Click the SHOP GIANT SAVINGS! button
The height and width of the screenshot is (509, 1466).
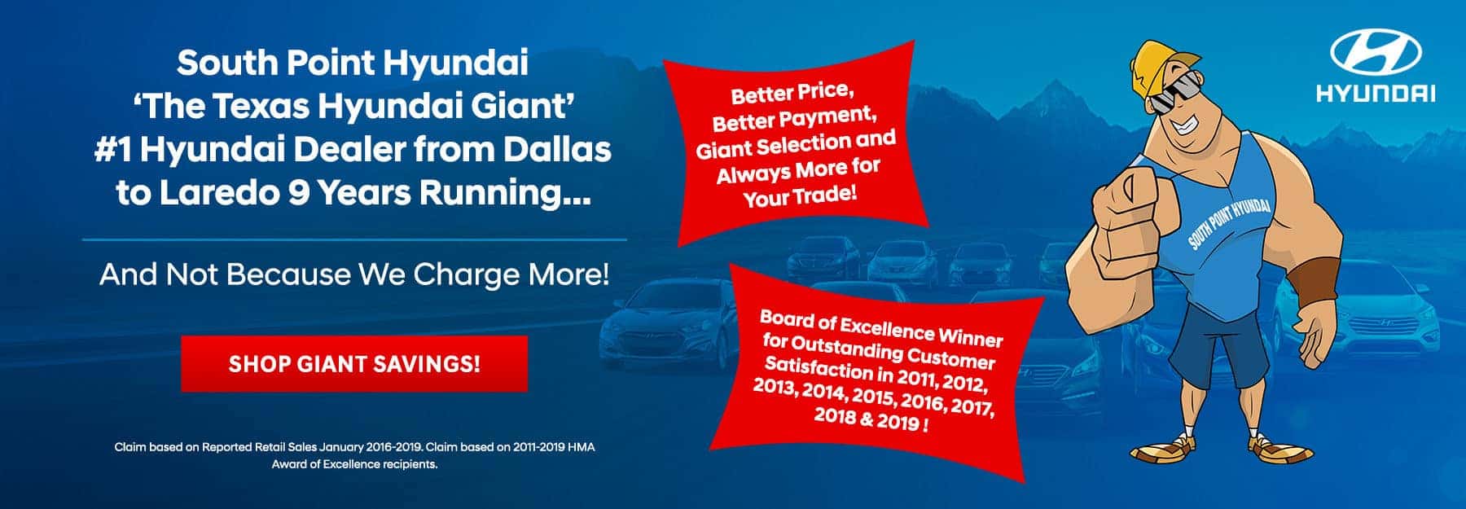point(354,363)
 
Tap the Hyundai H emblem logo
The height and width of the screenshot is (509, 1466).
point(1376,52)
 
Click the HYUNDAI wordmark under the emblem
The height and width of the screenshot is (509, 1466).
point(1376,95)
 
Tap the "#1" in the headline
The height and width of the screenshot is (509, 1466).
point(116,151)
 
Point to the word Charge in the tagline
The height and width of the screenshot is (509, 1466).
point(472,275)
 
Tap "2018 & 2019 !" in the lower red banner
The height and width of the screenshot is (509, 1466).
point(871,422)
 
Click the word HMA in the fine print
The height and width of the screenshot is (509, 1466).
point(577,447)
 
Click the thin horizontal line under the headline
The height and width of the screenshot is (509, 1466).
point(354,240)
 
